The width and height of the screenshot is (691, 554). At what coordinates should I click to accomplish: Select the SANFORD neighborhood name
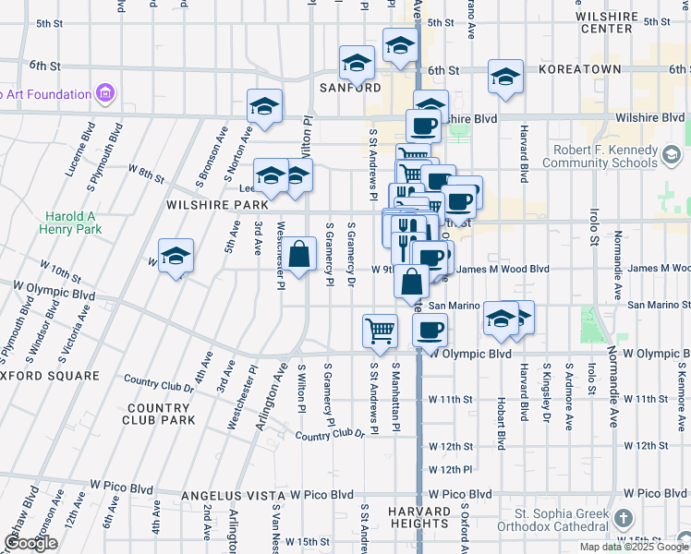(x=350, y=87)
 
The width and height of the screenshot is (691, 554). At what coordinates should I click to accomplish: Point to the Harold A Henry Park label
(x=69, y=222)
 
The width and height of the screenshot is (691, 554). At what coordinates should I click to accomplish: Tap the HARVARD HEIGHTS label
(x=418, y=517)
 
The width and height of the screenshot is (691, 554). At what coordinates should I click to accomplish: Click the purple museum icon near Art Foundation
(x=104, y=93)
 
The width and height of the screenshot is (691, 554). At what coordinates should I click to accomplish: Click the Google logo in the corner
(x=31, y=544)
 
